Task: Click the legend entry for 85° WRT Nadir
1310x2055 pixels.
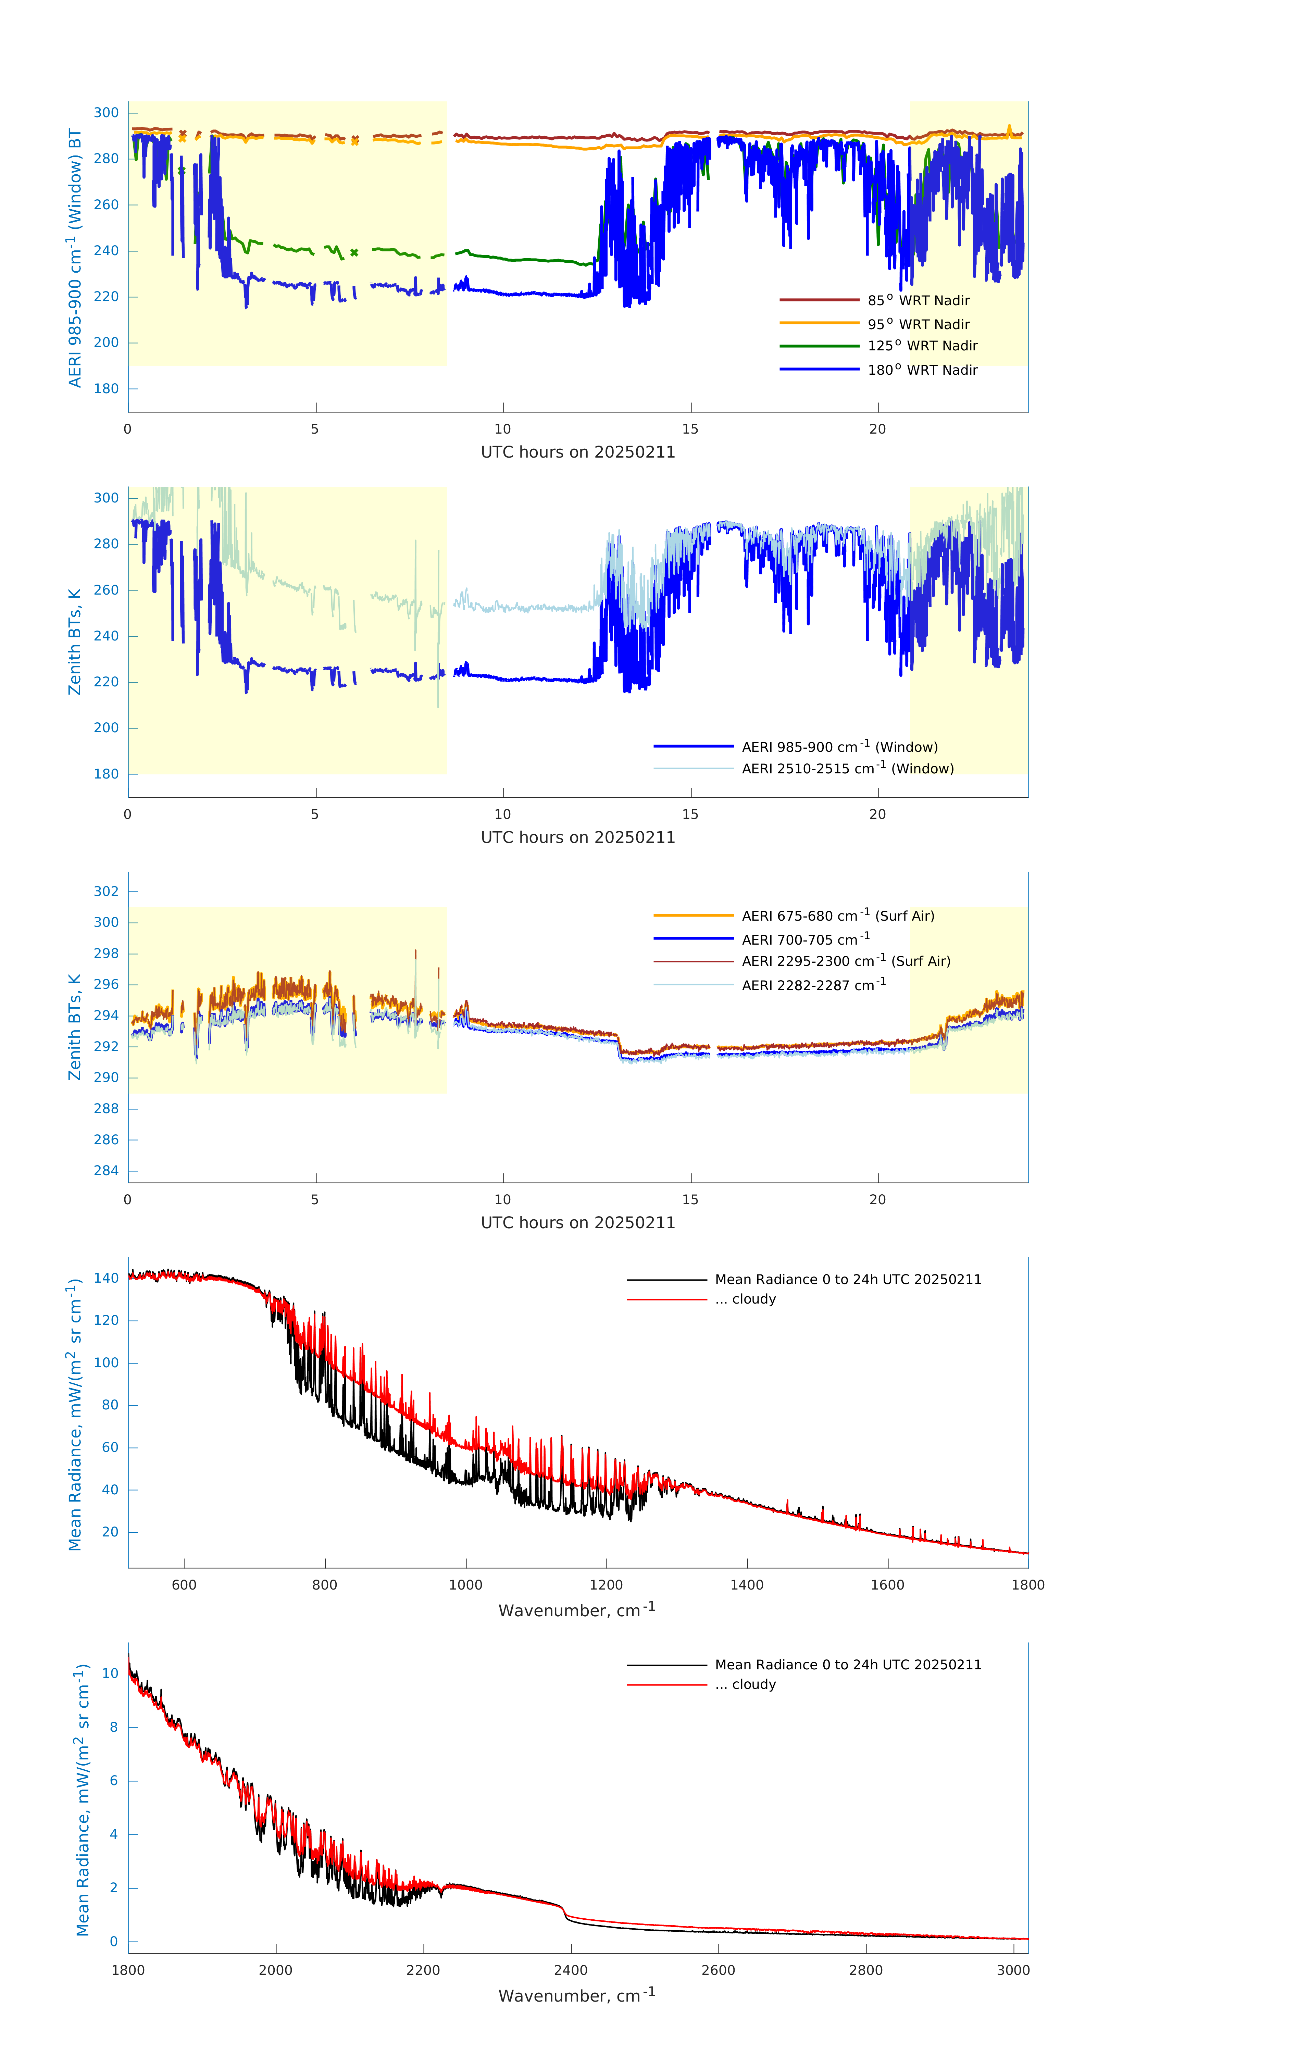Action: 918,300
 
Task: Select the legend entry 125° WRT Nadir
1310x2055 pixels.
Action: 922,346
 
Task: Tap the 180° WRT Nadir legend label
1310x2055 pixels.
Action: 922,370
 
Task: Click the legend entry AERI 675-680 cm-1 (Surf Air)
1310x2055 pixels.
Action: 837,916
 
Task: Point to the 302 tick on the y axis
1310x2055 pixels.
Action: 107,891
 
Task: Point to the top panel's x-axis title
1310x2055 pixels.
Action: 578,452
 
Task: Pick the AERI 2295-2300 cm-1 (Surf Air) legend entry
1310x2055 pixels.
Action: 845,961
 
